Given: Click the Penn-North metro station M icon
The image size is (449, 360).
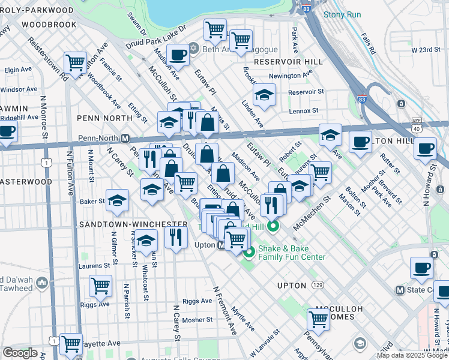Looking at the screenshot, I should [125, 138].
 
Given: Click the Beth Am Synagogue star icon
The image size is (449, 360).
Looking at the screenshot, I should [193, 48].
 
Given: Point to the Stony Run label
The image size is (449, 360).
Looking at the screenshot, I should [342, 15].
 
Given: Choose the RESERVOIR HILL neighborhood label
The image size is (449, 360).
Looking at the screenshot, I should [285, 62].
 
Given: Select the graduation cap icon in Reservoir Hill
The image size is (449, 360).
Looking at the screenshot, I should [264, 95].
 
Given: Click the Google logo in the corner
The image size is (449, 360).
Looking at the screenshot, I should [20, 353].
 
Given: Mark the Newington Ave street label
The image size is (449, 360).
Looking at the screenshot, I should [291, 76].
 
